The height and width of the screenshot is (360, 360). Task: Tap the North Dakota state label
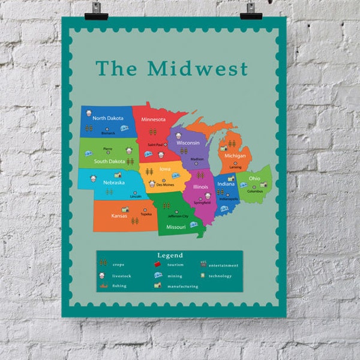coord(108,118)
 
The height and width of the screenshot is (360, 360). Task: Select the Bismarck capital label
coord(108,133)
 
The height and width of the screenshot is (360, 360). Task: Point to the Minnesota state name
coord(153,119)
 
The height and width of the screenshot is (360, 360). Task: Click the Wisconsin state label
coord(188,143)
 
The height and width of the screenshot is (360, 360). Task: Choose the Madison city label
coord(197,159)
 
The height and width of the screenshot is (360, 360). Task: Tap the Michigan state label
coord(235,156)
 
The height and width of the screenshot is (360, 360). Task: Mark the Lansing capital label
coord(235,167)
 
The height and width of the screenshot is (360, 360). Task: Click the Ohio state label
coord(255,178)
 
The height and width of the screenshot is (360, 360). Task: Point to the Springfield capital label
coord(202,202)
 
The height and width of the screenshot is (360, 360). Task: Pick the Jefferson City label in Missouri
coord(178,216)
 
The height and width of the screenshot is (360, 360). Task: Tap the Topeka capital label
coord(146,214)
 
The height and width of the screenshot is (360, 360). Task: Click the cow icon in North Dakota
coord(88,114)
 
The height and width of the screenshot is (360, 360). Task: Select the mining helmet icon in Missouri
coord(194,224)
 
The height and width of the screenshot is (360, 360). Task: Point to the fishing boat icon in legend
coord(103,286)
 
